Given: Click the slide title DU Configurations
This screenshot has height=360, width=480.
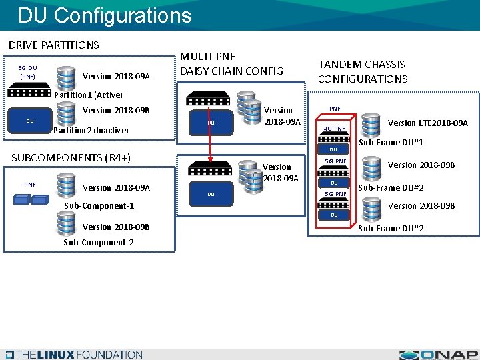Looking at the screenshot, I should [x=105, y=15].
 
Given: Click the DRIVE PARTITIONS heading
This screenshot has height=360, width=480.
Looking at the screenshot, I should [x=53, y=45].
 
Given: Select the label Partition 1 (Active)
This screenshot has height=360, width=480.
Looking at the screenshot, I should [x=88, y=95].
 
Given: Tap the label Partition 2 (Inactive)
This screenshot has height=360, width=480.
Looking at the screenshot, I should [x=90, y=130].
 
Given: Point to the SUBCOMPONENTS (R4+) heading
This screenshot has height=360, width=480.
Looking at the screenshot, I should [x=71, y=157].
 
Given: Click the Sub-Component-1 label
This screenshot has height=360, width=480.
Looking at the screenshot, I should [x=99, y=205].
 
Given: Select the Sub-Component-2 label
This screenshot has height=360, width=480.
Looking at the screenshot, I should [x=98, y=242].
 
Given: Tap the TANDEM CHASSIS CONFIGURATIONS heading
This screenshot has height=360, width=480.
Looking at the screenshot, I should [x=362, y=71].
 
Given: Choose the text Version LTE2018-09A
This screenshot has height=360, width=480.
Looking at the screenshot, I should [x=427, y=123].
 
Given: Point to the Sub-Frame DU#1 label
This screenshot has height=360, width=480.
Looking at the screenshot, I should [x=391, y=142].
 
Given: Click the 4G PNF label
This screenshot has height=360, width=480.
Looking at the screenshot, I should [x=334, y=129].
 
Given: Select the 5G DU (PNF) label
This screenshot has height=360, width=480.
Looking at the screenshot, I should [x=27, y=72].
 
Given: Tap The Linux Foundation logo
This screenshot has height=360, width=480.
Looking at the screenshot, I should [x=73, y=354].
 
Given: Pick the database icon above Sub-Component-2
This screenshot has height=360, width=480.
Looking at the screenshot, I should [x=65, y=225].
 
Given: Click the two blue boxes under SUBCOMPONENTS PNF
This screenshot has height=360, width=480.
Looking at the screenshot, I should [x=31, y=199].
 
